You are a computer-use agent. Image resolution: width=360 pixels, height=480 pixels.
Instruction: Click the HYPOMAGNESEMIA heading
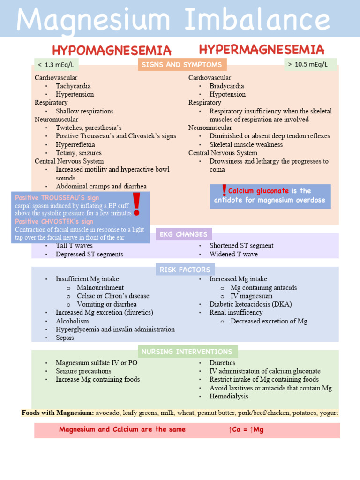tap(112, 51)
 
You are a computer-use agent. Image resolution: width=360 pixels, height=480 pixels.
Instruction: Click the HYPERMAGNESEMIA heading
tap(262, 50)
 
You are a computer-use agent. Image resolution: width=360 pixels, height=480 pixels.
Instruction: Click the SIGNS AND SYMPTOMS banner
tap(182, 65)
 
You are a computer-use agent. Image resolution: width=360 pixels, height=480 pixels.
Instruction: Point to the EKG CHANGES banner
tap(183, 234)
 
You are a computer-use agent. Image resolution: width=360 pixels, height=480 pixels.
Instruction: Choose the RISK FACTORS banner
tap(186, 270)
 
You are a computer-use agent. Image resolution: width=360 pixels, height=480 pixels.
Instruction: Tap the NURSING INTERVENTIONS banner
tap(187, 352)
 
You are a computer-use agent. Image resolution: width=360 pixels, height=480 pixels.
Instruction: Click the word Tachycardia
tap(73, 86)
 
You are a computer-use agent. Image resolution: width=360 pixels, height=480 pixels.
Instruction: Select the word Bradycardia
tap(227, 86)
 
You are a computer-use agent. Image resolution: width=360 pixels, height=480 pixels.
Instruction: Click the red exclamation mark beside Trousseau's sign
tap(136, 203)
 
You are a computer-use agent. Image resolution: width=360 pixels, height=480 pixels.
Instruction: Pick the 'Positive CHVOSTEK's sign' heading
tap(54, 221)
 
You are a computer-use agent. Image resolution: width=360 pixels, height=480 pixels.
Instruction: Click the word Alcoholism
tap(72, 321)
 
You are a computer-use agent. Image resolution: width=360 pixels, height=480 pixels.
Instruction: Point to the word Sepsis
tap(65, 337)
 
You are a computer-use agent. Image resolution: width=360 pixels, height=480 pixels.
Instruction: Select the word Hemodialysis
tap(229, 396)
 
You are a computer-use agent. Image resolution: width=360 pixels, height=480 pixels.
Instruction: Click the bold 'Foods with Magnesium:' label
tap(58, 413)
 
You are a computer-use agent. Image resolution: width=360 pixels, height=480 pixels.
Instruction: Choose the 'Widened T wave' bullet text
tap(233, 254)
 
